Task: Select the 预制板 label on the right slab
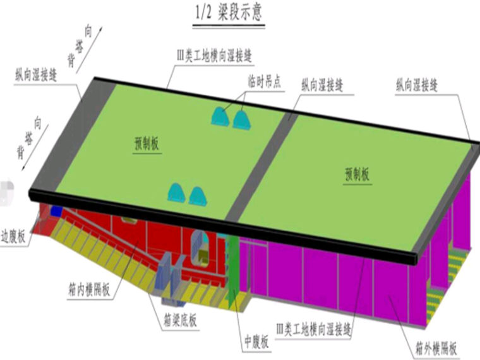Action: point(357,174)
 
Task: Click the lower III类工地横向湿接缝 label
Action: point(315,328)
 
